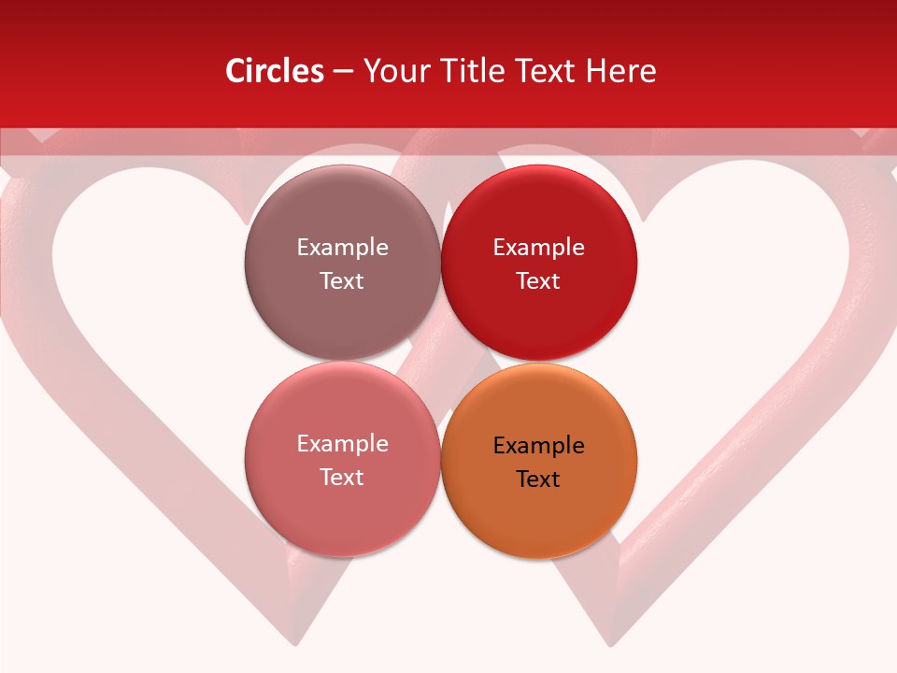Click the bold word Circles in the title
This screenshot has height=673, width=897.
[274, 71]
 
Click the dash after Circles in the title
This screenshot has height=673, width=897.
[342, 72]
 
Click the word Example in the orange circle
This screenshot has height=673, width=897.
[538, 446]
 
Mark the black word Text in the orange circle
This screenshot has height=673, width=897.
[538, 480]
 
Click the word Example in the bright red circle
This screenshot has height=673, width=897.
[538, 248]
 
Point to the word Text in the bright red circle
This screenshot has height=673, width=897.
[538, 281]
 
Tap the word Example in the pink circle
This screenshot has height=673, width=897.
[342, 444]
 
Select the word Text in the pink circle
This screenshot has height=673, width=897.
[342, 478]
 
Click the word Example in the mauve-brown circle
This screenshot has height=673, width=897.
[342, 248]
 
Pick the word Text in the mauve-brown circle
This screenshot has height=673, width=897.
[342, 281]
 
